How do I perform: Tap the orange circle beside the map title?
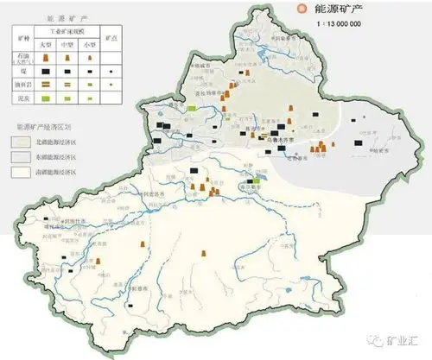click(302, 9)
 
